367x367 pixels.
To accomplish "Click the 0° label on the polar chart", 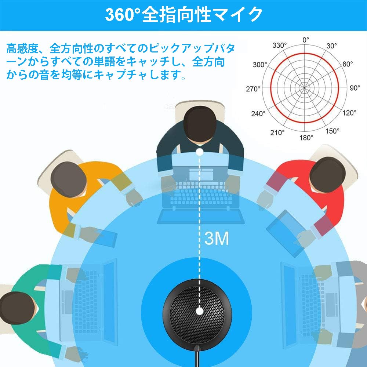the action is [305, 40].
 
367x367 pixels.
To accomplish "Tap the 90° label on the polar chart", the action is [355, 88].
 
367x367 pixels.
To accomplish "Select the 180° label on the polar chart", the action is [306, 138].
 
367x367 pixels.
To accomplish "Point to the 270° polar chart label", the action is [253, 89].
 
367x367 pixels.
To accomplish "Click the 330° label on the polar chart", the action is [279, 45].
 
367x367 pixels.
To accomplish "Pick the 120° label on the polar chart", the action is [349, 113].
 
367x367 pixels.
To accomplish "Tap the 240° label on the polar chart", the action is [258, 113].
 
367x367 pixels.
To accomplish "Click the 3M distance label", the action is [217, 239].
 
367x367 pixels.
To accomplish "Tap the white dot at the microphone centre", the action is [199, 311].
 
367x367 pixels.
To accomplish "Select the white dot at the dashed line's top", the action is [199, 152].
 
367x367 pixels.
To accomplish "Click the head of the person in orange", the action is [69, 179].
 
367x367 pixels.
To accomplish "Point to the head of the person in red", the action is [328, 175].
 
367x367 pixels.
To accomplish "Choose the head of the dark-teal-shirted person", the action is [200, 124].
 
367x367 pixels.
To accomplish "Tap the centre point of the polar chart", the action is [304, 88].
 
